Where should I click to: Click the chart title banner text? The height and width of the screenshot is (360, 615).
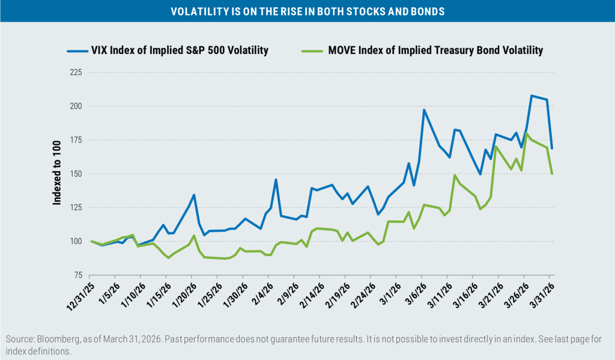[307, 11]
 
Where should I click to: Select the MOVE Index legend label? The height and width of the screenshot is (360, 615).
[435, 50]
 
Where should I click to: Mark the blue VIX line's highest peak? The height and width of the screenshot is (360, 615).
[532, 96]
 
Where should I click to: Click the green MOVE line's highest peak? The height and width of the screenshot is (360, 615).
[527, 133]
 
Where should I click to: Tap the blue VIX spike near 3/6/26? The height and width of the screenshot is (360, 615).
[424, 110]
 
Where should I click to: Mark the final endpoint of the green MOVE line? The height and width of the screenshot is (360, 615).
[552, 174]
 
